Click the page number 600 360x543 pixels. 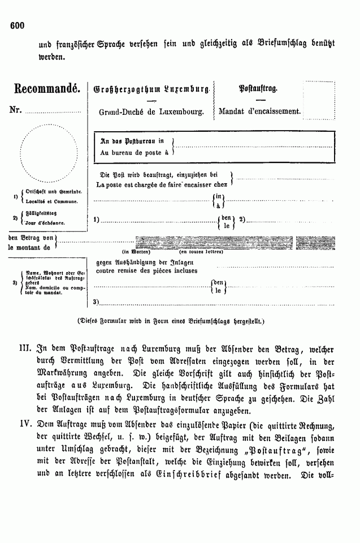18,25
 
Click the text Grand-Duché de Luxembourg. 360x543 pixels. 151,112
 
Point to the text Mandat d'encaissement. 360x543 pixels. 259,111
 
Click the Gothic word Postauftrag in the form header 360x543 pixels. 257,89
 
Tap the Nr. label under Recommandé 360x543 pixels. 15,109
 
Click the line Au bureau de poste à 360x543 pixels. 134,153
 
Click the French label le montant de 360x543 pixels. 29,247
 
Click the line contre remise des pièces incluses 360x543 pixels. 147,270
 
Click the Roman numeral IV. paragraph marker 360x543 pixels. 20,424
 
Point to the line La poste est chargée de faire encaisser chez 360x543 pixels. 161,184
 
